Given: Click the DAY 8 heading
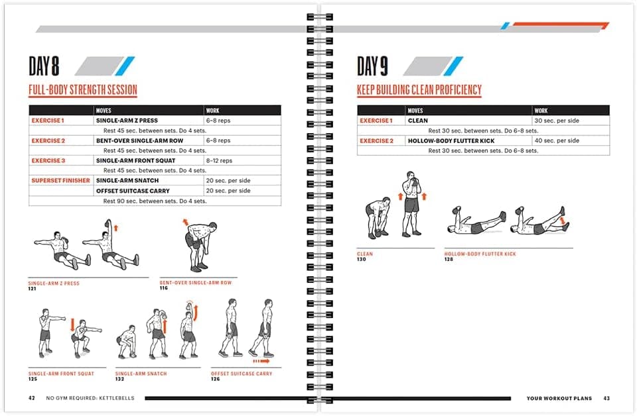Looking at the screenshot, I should click(x=44, y=66).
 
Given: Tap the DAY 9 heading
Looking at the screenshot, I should click(x=372, y=66).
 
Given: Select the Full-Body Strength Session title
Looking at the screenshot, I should click(x=82, y=91).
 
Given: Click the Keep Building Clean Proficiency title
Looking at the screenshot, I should click(x=419, y=90).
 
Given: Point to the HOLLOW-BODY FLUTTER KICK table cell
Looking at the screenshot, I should click(x=451, y=141).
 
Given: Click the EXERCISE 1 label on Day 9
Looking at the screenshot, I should click(x=376, y=121).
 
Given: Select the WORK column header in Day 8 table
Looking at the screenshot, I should click(x=213, y=111).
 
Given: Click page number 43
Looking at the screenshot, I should click(x=606, y=399).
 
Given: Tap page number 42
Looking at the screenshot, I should click(x=31, y=399).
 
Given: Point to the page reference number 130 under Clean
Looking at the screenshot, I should click(x=362, y=260).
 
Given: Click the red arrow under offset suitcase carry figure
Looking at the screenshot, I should click(x=261, y=362).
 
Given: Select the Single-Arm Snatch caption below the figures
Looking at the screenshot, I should click(x=141, y=374).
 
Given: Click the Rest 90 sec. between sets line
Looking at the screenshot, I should click(x=155, y=201).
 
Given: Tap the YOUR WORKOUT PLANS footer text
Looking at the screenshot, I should click(x=559, y=399).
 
